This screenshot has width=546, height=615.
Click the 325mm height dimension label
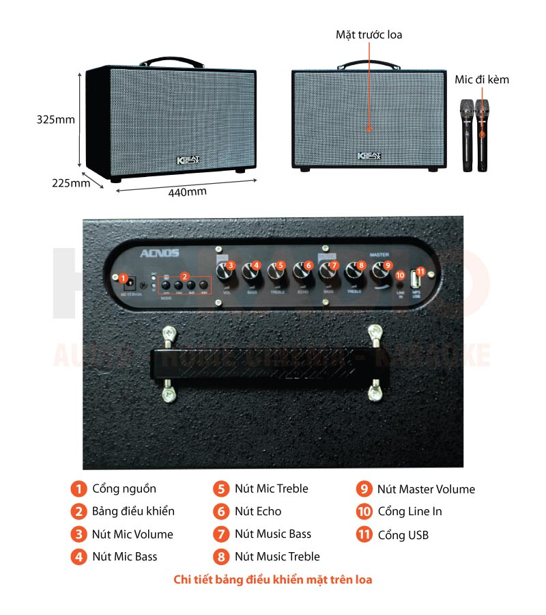(55, 120)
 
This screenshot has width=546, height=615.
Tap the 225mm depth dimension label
(70, 182)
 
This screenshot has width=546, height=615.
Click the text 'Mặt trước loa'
(369, 34)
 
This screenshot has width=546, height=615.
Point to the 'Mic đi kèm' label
(482, 80)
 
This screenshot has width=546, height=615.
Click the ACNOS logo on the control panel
(159, 254)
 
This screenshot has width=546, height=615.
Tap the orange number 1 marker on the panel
(124, 279)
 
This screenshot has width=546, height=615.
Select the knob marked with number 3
(225, 272)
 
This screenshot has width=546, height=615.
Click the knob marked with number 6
(302, 272)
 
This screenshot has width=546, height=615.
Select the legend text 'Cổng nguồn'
(124, 489)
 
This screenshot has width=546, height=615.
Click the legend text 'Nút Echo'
(258, 511)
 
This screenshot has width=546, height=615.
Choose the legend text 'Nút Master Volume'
(426, 489)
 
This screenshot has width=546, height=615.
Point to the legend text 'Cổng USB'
(403, 534)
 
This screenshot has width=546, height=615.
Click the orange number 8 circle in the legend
(221, 556)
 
